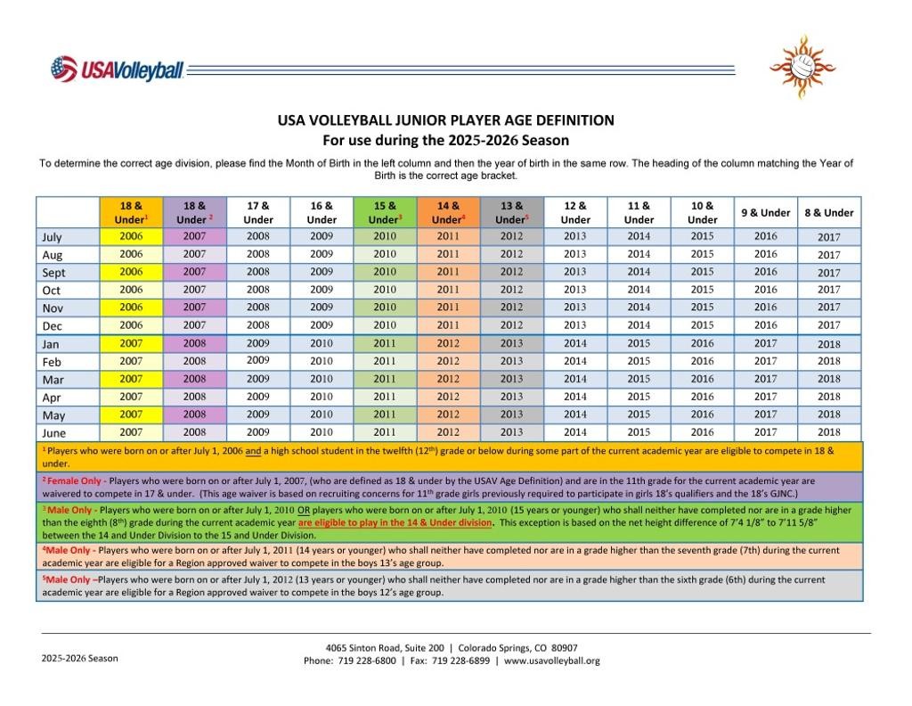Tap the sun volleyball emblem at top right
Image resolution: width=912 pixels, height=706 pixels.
pos(802,65)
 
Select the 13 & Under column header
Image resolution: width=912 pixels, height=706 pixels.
pos(511,212)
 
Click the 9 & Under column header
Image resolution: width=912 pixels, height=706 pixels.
pos(766,212)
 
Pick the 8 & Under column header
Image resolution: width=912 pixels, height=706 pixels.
pos(829,212)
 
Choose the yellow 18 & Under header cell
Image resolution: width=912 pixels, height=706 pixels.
pos(131,212)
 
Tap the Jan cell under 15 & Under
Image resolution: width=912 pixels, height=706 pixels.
pos(385,343)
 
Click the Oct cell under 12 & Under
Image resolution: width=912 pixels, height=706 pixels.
pos(575,290)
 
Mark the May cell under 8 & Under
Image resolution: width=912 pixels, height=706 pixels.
pos(829,415)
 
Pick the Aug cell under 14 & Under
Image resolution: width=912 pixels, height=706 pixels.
pos(448,254)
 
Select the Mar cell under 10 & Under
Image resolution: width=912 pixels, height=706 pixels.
pos(702,379)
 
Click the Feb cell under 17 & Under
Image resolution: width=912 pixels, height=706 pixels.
pos(258,361)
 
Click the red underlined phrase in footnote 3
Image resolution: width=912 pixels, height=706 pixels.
pos(395,523)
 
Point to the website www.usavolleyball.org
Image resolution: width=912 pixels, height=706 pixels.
pos(552,661)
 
